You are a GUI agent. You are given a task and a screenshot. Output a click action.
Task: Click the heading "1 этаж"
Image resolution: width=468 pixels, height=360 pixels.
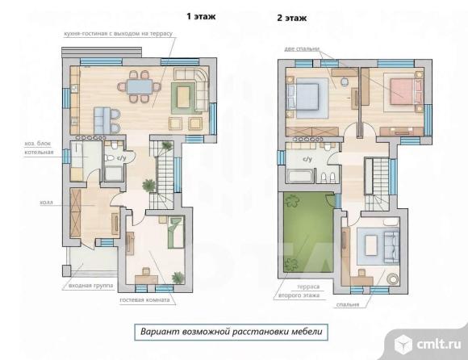coord(201,16)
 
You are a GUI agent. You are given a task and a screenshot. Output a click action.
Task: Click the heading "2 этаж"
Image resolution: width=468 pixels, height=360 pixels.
coord(291,18)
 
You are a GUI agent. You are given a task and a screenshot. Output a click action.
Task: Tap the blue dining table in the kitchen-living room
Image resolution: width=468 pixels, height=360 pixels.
coord(140,87)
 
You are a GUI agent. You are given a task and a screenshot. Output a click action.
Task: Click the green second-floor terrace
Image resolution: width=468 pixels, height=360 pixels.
coord(308,232)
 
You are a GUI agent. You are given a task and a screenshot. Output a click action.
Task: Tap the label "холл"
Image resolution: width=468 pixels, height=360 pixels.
coord(46,203)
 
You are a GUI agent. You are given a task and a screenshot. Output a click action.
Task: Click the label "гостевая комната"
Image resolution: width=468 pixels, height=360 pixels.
coord(144,299)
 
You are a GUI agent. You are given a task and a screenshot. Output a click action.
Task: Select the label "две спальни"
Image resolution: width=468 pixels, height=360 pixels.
coord(302,48)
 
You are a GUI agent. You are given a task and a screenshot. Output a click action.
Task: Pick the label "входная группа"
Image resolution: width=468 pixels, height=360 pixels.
coord(91,286)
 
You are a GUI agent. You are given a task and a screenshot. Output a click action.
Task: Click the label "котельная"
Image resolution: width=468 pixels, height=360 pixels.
coord(39,153)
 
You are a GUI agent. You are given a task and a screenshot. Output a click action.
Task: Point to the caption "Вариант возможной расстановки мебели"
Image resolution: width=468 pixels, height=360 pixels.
coord(232,332)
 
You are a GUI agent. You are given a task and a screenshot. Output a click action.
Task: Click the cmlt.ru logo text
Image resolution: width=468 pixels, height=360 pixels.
coord(438,344)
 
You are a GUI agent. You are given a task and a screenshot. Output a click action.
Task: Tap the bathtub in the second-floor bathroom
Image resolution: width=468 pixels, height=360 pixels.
coord(300,176)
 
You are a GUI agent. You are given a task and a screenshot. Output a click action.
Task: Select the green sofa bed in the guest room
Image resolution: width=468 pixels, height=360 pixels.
coord(176,232)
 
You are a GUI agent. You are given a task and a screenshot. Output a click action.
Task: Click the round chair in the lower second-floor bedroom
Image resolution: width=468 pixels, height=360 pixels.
coord(393,278)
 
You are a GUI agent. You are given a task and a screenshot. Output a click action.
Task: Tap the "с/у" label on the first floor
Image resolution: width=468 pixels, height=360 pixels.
coord(121,158)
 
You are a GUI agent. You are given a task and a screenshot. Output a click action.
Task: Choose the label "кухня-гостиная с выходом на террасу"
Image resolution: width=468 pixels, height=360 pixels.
coord(118,33)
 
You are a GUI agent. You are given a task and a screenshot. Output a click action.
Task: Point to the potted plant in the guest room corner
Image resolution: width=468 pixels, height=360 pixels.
coord(178,278)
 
